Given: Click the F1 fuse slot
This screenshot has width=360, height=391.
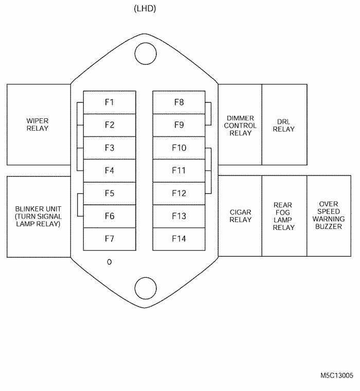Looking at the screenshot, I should pos(110,102).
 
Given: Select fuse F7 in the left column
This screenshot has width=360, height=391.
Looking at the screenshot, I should pos(110,239).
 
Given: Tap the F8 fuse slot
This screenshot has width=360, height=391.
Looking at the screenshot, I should pos(178,102).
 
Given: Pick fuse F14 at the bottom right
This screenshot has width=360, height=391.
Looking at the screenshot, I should pos(178,239).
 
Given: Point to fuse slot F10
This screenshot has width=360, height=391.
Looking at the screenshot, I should pos(178,148).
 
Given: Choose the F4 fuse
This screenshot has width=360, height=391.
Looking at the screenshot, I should pos(110,170).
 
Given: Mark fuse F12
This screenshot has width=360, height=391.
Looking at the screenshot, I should pos(178,193).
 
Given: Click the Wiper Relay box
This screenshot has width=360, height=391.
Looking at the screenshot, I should pos(38,124).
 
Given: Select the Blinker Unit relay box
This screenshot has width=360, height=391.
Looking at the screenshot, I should pos(38,216).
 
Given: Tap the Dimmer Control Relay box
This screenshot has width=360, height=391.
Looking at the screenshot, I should pos(240,125).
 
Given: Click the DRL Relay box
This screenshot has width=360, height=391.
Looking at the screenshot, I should pos(284,125).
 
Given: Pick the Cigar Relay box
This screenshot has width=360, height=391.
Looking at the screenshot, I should pos(240,216).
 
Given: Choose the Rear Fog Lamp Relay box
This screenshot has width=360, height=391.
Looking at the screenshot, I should pos(284,216).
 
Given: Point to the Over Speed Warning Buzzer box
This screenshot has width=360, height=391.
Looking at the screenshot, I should pos(329,216).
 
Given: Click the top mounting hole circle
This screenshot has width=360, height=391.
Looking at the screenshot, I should pos(145,53).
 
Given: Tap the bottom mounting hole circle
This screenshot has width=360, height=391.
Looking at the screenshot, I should pos(145,288).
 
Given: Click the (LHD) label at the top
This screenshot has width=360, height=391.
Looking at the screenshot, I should pos(145,9).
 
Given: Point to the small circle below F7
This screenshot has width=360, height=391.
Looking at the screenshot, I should pos(109,262).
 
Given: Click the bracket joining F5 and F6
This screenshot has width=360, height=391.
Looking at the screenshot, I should pos(79,205).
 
